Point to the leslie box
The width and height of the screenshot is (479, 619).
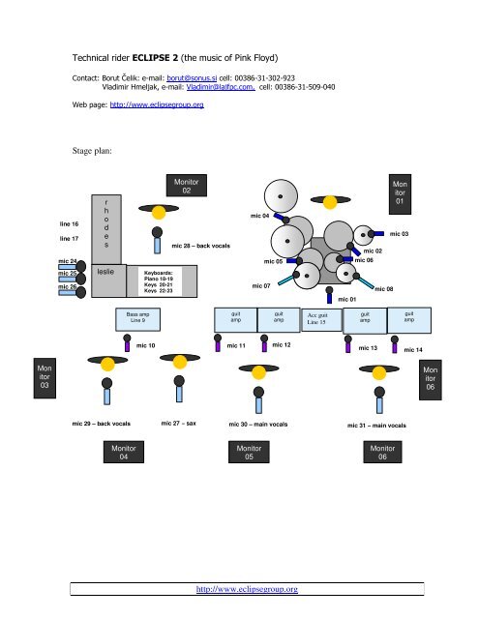(105, 273)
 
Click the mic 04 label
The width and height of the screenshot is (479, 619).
(259, 216)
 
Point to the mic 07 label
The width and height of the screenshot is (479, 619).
(260, 286)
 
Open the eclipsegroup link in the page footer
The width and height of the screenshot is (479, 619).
(248, 587)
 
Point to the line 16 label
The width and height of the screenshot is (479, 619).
(69, 223)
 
